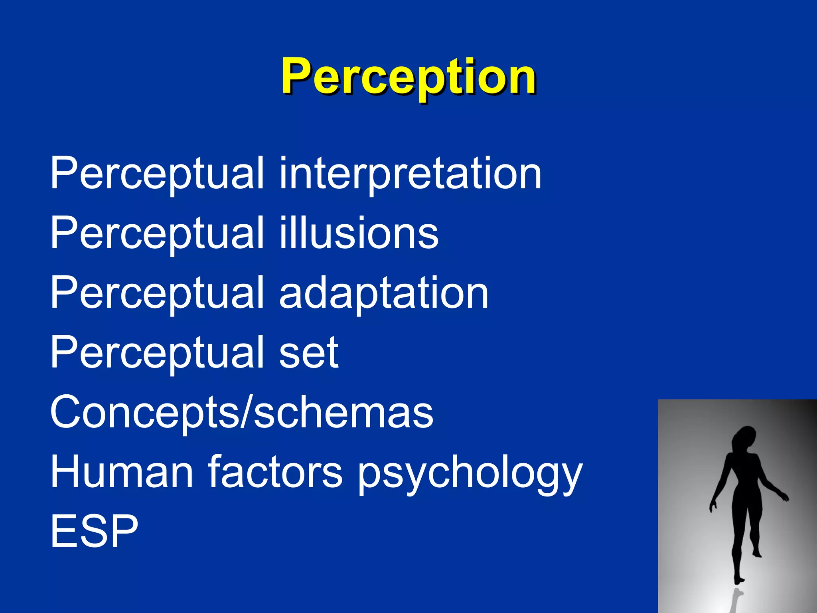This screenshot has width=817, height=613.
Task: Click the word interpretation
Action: click(410, 173)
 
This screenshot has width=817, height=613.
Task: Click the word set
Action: click(308, 353)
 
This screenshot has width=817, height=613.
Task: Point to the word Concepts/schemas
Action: click(241, 412)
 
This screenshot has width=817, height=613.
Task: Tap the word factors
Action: click(275, 472)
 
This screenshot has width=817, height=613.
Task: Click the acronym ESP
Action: click(94, 531)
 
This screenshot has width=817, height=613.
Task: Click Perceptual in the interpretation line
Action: click(157, 173)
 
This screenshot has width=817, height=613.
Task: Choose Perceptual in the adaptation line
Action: click(157, 293)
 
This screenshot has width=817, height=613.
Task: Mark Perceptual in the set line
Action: click(157, 353)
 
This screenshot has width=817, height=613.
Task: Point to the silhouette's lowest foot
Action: click(739, 581)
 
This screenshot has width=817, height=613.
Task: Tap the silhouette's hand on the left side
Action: click(712, 507)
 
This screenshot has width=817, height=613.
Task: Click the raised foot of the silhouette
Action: click(757, 554)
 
